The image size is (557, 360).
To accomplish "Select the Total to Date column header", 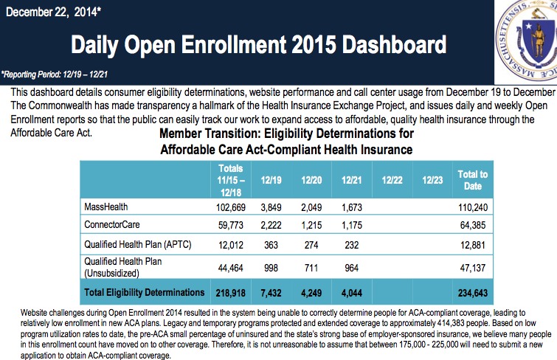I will [x=474, y=179].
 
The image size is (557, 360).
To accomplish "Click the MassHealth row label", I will [x=106, y=207].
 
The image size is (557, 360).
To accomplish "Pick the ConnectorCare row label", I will [x=113, y=224].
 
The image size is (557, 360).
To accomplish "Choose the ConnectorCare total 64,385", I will [x=473, y=224].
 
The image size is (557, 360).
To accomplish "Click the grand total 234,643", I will [x=472, y=292].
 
